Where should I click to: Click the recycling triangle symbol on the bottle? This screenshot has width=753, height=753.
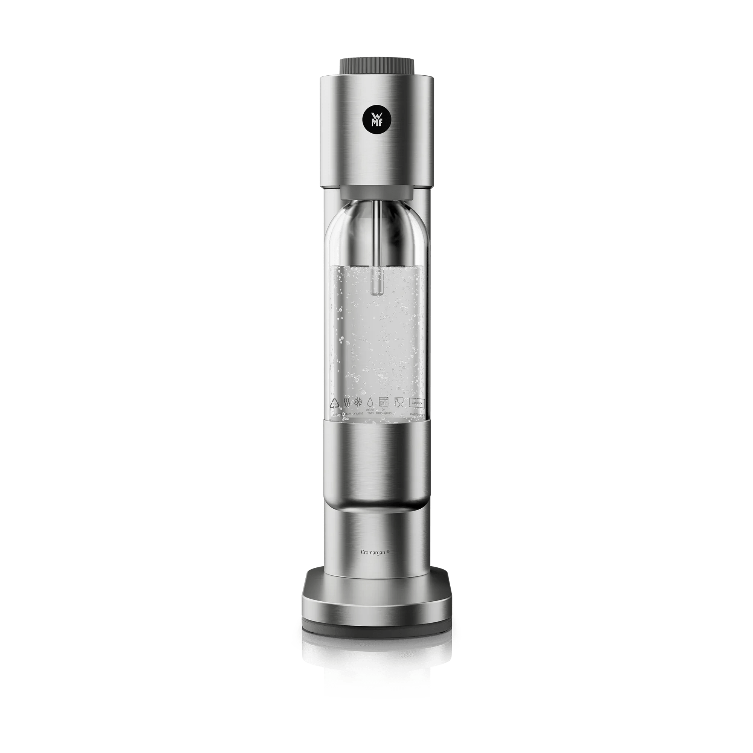coord(334,402)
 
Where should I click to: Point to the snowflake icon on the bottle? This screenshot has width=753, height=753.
coord(357,402)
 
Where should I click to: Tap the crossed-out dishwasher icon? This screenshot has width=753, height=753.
coord(384,402)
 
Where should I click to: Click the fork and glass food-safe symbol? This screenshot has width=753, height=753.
coord(398,402)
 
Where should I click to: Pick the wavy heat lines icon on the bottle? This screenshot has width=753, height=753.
coord(346,402)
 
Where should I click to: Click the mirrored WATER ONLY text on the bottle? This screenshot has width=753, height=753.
coord(370,412)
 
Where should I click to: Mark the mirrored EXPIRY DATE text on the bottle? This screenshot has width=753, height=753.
coord(416,413)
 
